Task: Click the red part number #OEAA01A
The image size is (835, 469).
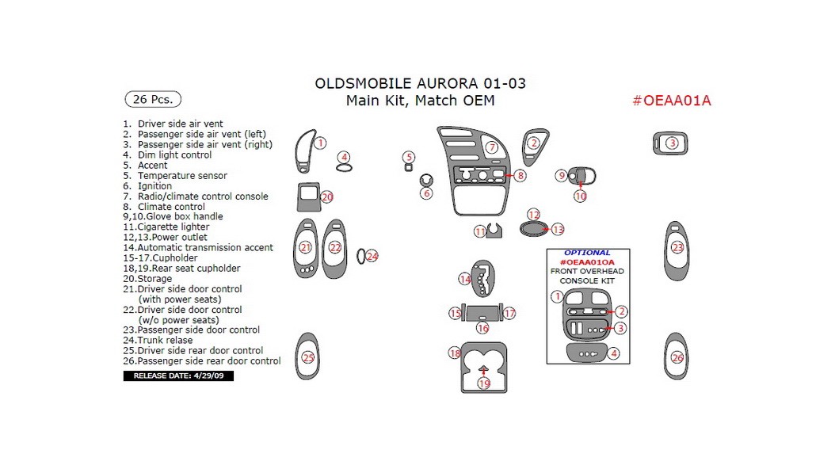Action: tap(672, 101)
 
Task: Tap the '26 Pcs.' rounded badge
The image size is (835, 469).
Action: tap(153, 100)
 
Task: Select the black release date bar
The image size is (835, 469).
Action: tap(178, 376)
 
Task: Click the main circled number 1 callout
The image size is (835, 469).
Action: tap(320, 143)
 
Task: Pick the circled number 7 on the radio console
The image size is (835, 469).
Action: tap(491, 147)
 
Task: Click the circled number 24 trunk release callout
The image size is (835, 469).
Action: tap(372, 256)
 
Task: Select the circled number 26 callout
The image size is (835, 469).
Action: tap(677, 357)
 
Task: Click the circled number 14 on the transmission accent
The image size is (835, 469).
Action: tap(466, 279)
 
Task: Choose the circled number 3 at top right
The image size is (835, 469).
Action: tap(672, 143)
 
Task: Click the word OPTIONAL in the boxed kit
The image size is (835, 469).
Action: tap(587, 253)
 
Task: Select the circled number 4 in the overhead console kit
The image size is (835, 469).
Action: tap(613, 353)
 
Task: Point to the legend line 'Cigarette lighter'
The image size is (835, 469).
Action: tap(173, 227)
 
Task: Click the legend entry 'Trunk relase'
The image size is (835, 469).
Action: tap(165, 340)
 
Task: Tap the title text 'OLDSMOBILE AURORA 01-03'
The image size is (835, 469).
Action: tap(420, 83)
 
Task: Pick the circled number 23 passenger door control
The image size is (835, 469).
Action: tap(677, 248)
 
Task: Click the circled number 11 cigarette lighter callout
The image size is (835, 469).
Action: tap(480, 231)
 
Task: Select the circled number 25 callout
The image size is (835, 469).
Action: tap(308, 357)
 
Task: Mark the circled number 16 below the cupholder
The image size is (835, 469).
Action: tap(482, 327)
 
